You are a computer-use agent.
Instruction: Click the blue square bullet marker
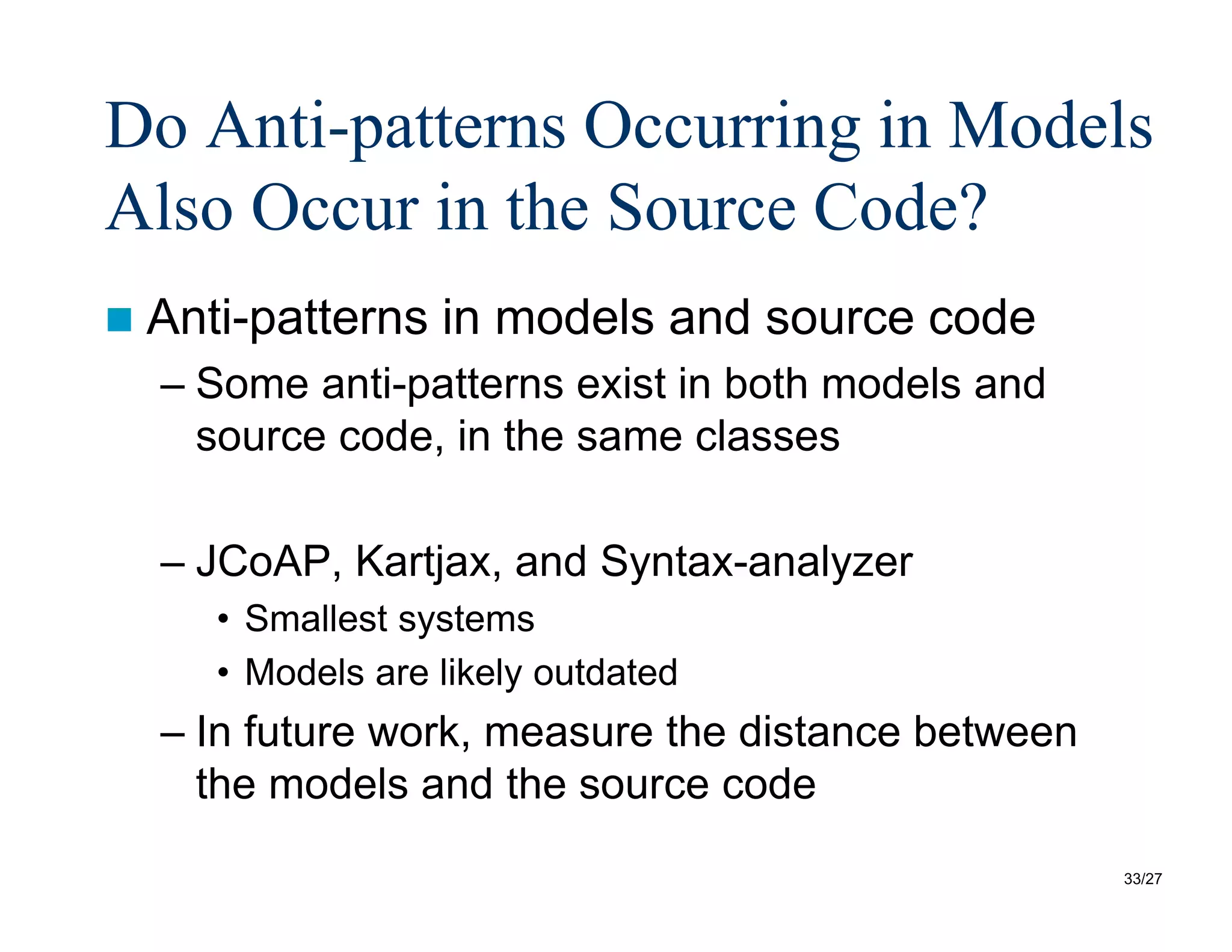pyautogui.click(x=119, y=320)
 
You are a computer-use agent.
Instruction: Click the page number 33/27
pyautogui.click(x=1142, y=879)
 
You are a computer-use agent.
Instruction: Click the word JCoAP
pyautogui.click(x=263, y=561)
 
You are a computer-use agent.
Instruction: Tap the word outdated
pyautogui.click(x=605, y=672)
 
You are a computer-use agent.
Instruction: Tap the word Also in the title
pyautogui.click(x=169, y=208)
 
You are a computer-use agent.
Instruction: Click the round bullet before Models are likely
pyautogui.click(x=223, y=673)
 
